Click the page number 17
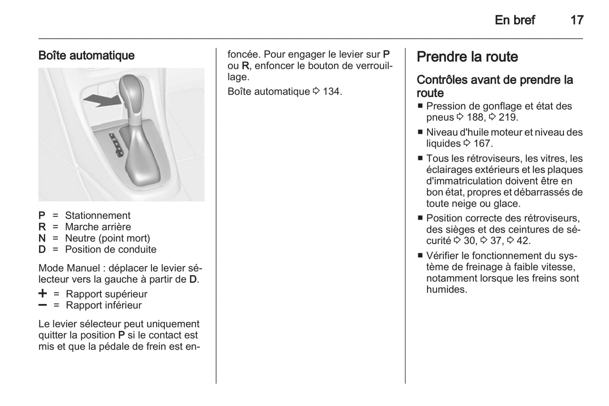577,20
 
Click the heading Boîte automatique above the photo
86,56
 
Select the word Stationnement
97,215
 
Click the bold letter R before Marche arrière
42,227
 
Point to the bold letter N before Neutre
42,238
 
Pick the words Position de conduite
110,249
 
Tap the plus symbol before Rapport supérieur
43,293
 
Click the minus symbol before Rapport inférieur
43,305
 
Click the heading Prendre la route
467,57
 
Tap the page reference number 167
482,143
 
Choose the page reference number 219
507,117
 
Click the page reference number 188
475,117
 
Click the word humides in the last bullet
446,289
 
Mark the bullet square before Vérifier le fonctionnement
420,255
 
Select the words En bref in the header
515,20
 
